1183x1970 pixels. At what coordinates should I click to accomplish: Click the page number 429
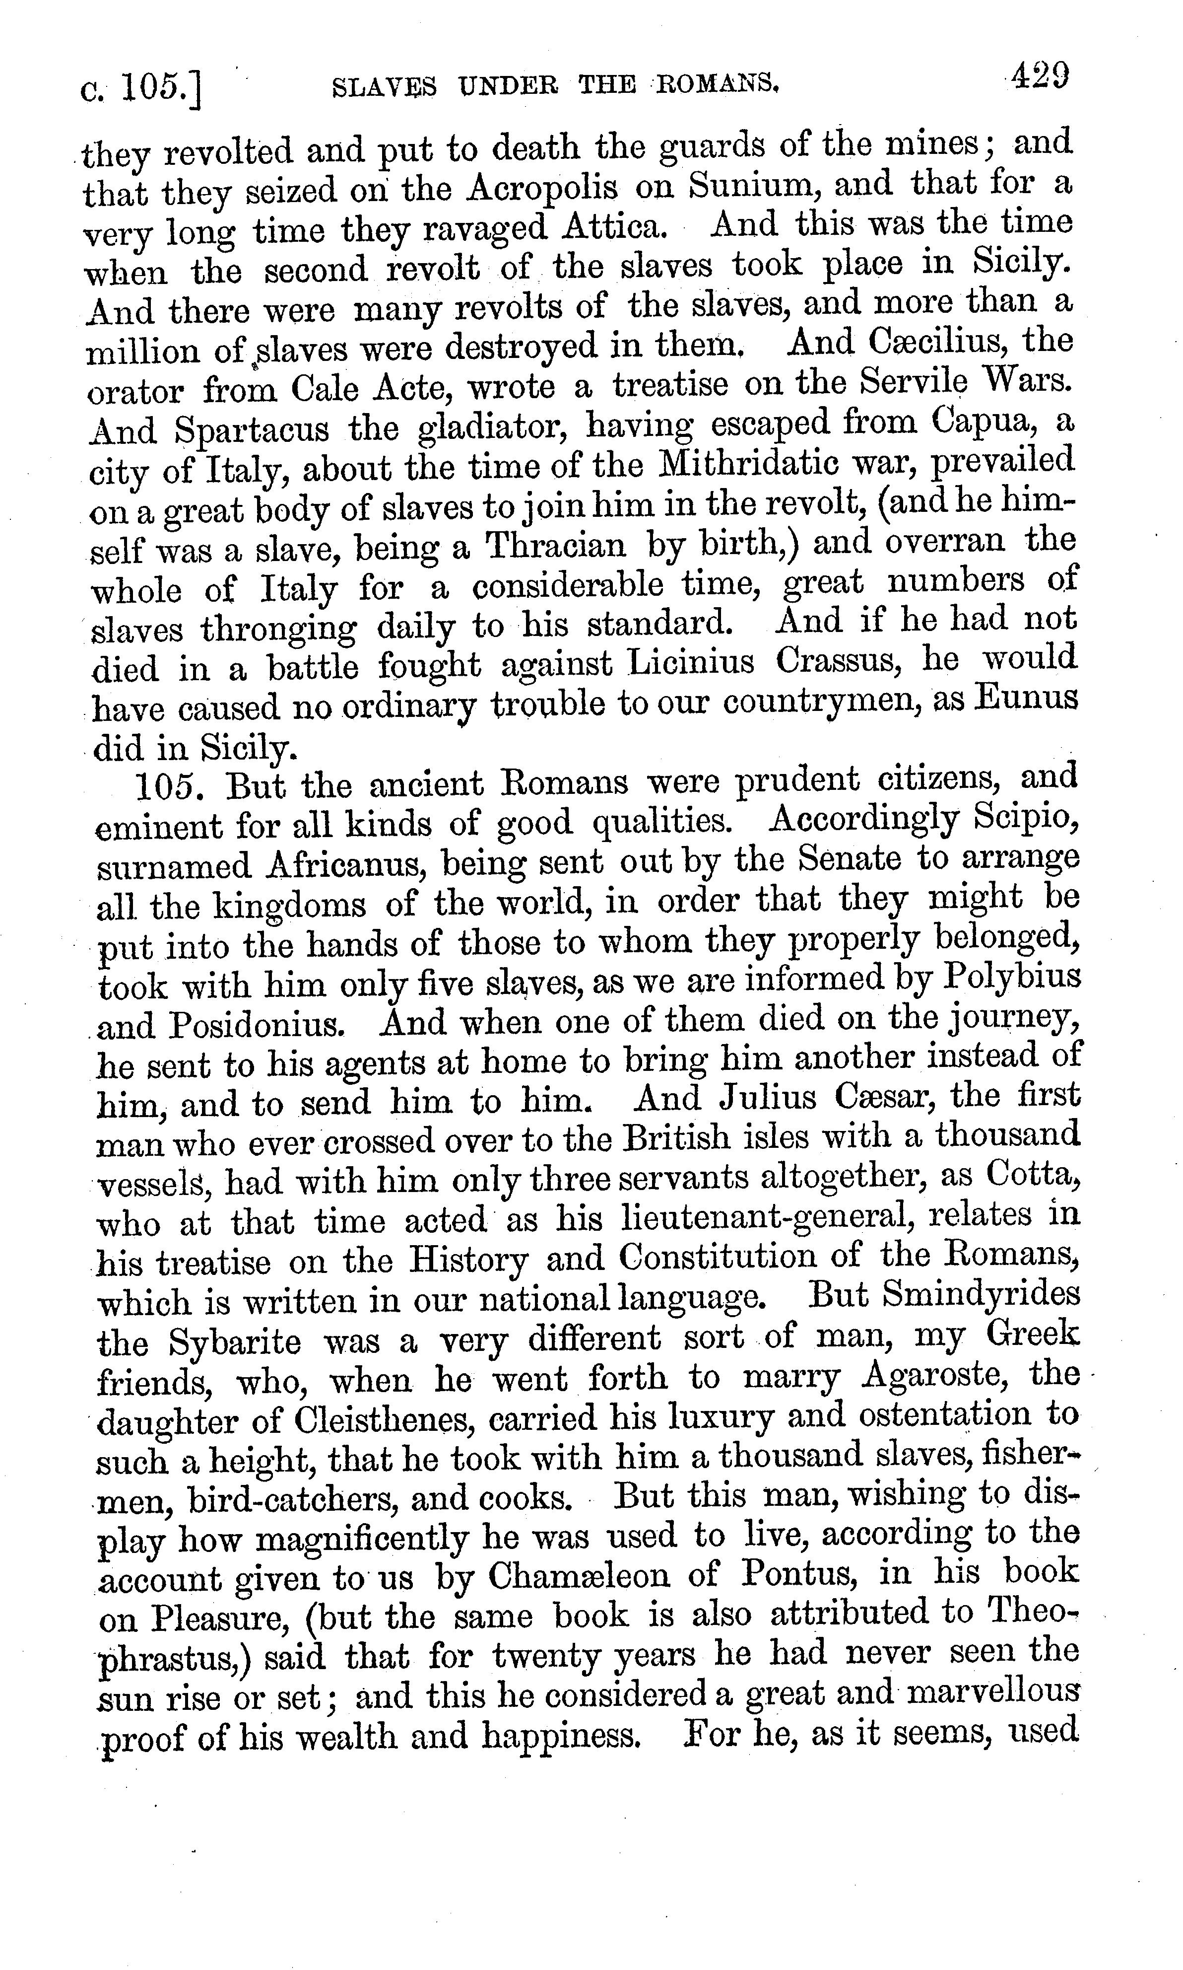click(1039, 77)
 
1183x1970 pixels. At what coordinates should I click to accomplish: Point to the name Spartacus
click(252, 430)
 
